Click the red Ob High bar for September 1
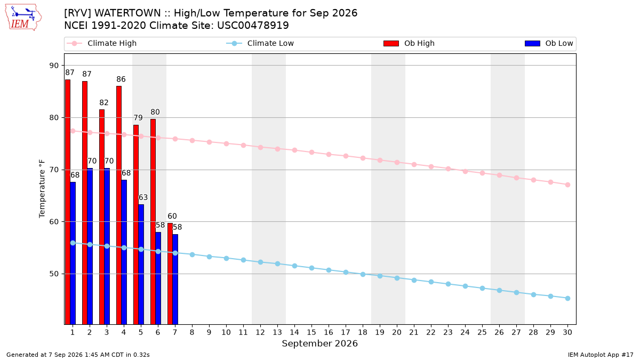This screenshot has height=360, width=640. [x=68, y=202]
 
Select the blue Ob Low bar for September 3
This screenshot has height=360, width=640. [x=107, y=246]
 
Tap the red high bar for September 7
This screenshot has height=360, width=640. [x=170, y=274]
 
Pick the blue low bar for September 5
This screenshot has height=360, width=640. [x=141, y=264]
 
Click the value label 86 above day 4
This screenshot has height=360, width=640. [x=121, y=79]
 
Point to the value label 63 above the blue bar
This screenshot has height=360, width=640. [x=143, y=197]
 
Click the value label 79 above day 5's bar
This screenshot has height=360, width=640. [x=138, y=118]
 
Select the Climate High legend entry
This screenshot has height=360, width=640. [x=102, y=43]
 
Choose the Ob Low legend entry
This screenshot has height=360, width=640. [x=549, y=43]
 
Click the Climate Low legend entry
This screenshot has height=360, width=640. [x=260, y=43]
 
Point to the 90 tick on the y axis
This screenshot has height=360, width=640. [x=54, y=66]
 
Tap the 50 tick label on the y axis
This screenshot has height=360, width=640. [x=54, y=274]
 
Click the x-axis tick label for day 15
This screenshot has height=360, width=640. [x=311, y=332]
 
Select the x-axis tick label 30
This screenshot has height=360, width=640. [x=567, y=332]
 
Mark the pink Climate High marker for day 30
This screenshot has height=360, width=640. [x=567, y=185]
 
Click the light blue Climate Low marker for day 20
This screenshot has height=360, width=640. [x=397, y=278]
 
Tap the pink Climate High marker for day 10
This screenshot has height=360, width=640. [x=226, y=143]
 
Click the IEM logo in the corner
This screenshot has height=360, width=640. [x=23, y=18]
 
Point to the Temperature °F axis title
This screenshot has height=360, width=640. [x=42, y=189]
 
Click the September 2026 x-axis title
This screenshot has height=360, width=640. [x=319, y=343]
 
